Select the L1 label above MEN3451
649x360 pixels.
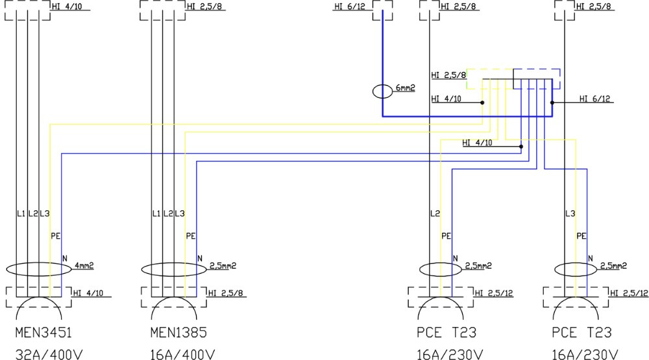(x=21, y=213)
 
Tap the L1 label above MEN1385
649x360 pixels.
(x=156, y=213)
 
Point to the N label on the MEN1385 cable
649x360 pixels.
(x=199, y=259)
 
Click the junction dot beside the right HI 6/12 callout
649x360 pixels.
(x=552, y=102)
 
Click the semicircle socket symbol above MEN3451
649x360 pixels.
(x=39, y=306)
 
